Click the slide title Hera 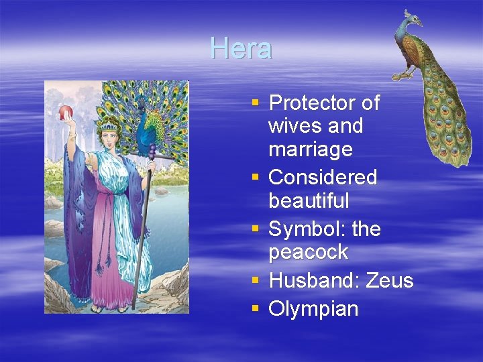tap(241, 48)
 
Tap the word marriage tap(310, 149)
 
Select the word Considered tap(323, 178)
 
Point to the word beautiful tap(309, 200)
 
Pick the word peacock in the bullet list tap(308, 253)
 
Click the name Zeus tap(390, 280)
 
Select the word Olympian tap(313, 309)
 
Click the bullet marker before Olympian tap(255, 309)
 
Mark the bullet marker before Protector tap(255, 103)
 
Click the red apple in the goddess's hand tap(66, 112)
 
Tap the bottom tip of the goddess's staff tap(133, 308)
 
